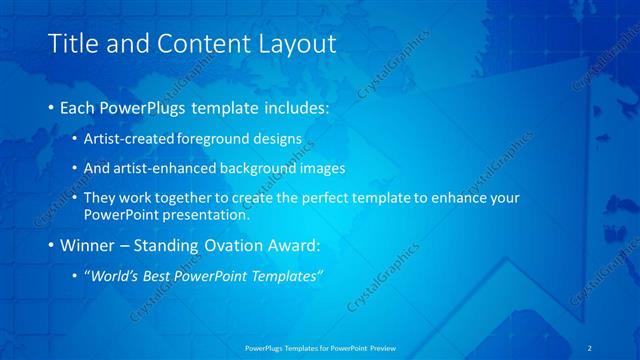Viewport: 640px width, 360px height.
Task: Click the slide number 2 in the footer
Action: click(591, 347)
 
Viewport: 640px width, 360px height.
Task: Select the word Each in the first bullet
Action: click(79, 106)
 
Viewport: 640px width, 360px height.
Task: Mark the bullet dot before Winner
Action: click(51, 244)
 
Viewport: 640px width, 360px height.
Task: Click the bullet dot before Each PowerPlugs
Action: click(51, 106)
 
